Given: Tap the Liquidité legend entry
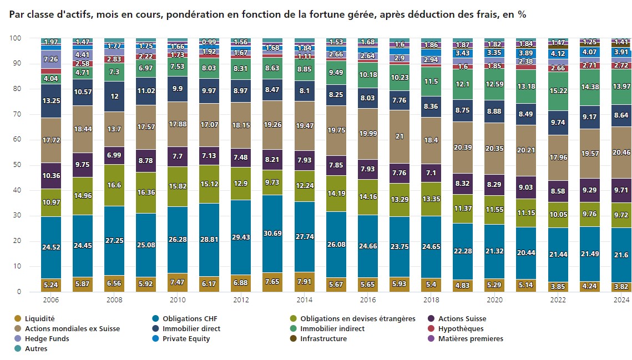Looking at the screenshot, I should point(39,318).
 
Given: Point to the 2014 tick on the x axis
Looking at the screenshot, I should point(304,300).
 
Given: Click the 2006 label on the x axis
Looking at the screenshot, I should point(50,300).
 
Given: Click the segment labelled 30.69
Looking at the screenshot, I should point(272,234).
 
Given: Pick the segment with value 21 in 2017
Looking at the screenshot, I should point(399,136).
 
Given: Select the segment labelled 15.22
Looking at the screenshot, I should point(558,90).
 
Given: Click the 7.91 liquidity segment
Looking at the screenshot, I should point(304,281).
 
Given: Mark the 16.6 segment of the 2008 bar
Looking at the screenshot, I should point(114,185).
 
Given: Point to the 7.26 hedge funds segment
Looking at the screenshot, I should point(50,59).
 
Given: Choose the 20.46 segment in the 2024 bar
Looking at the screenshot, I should point(621,152).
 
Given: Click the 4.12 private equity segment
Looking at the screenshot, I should point(558,54).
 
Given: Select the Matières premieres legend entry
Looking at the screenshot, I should point(471,338).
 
